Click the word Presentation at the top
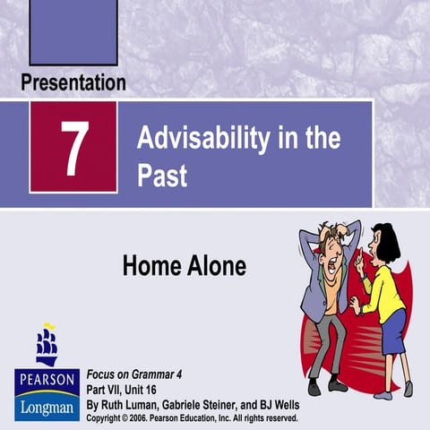(x=73, y=83)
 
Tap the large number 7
(x=73, y=147)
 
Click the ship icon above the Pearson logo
(x=46, y=345)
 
